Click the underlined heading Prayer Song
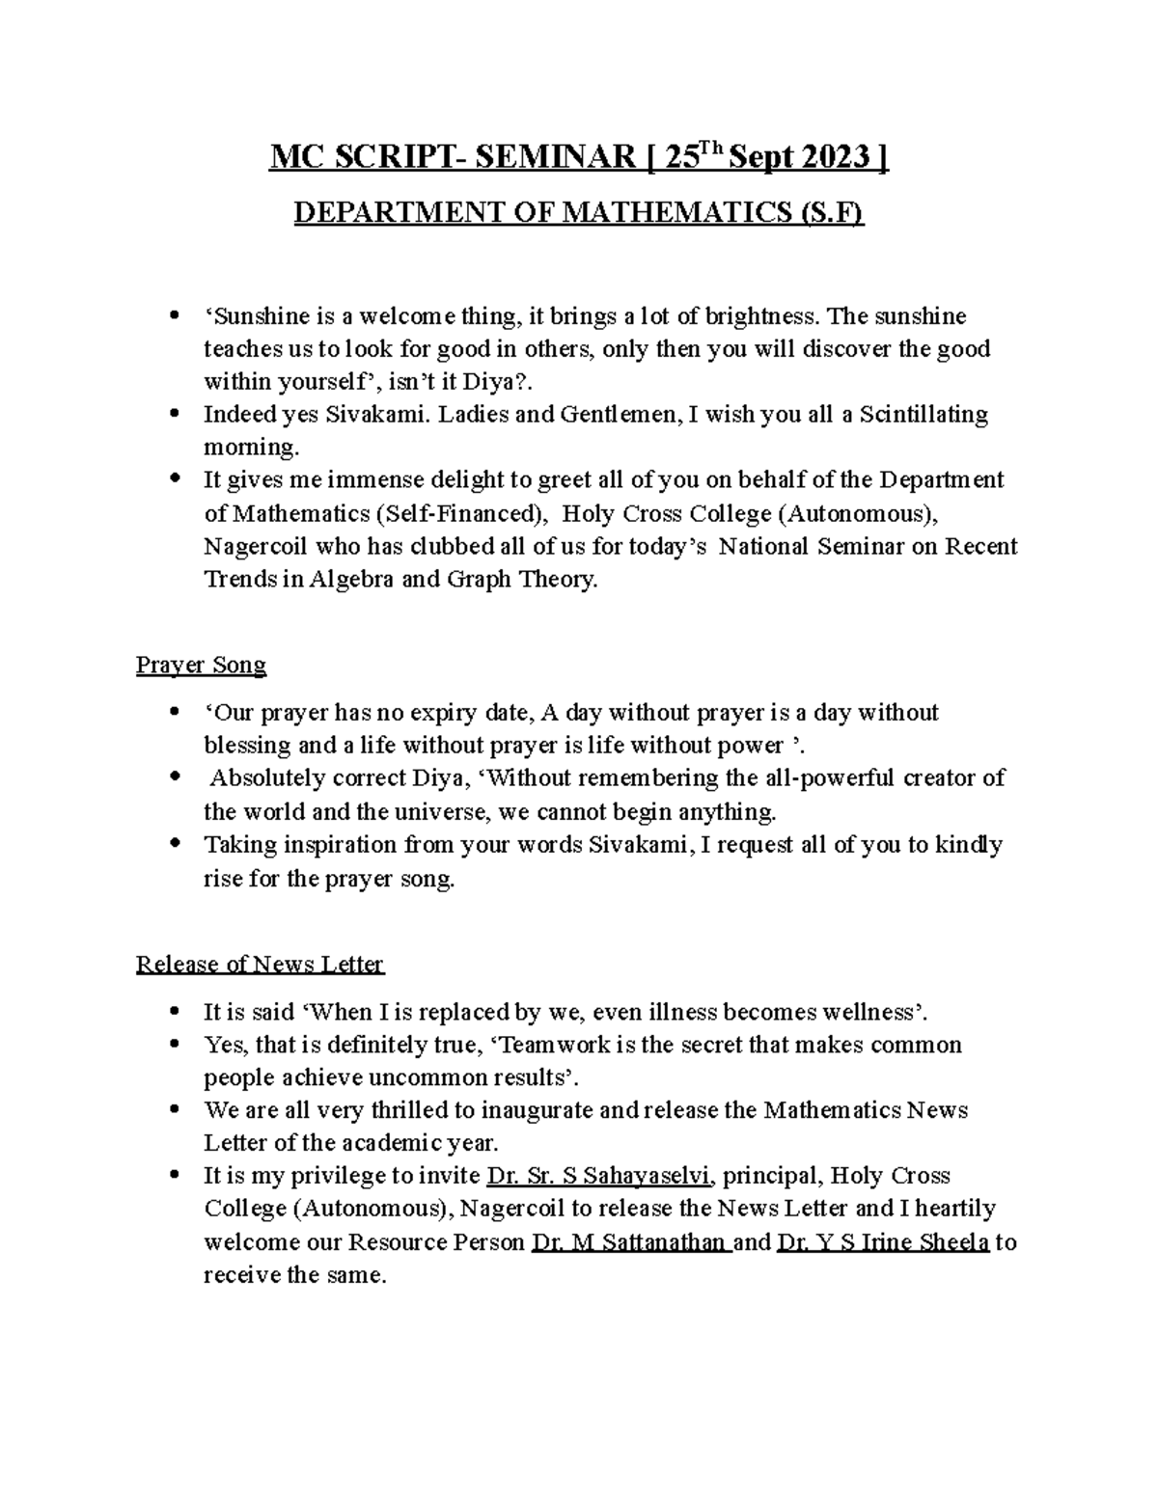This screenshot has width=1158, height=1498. point(201,666)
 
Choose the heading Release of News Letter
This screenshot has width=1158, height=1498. point(260,965)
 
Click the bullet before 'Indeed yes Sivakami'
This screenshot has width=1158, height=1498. point(174,415)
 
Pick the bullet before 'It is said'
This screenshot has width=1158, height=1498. point(174,1012)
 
